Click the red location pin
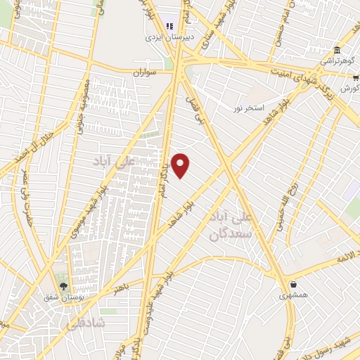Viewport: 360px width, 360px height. tap(181, 165)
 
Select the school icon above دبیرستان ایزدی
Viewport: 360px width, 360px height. tap(169, 26)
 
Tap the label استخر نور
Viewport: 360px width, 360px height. tap(249, 108)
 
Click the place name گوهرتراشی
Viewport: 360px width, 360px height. tap(337, 61)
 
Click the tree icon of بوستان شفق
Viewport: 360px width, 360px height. tap(65, 286)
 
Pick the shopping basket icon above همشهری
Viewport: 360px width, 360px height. tap(293, 285)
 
